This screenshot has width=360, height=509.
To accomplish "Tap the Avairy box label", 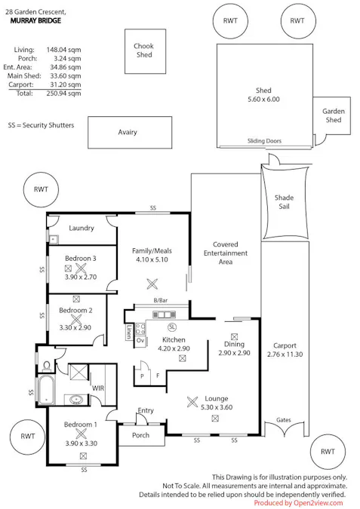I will [x=128, y=132].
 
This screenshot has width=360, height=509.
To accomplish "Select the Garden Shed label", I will [x=334, y=115].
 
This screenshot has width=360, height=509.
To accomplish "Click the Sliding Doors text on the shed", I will [x=263, y=141].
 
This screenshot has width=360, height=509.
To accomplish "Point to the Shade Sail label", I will [x=284, y=203].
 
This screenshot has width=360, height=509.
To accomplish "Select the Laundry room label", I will [x=81, y=228].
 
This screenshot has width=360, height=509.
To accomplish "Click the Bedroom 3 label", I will [x=80, y=258].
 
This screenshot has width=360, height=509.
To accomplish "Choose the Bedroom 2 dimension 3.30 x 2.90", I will [x=75, y=327].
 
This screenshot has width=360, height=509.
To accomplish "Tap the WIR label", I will [x=97, y=388].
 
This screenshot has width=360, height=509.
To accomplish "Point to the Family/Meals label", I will [x=152, y=250].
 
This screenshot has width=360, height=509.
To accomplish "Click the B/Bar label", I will [x=159, y=301].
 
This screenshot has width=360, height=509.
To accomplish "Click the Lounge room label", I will [x=215, y=398].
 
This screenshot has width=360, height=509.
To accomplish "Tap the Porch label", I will [x=140, y=435].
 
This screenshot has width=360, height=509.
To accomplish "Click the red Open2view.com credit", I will [x=298, y=502].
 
